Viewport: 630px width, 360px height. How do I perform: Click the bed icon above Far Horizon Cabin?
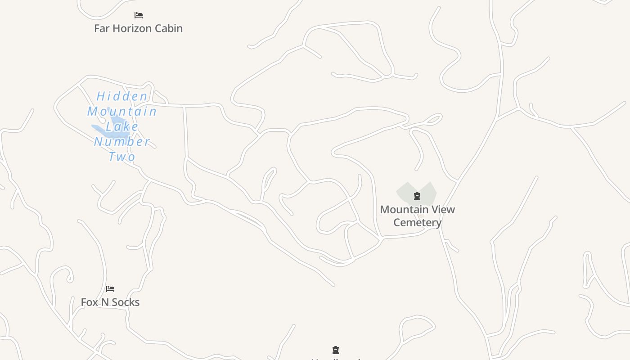(139, 15)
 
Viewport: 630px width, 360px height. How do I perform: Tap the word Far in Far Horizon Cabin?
(102, 28)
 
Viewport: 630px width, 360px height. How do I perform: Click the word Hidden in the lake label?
(122, 96)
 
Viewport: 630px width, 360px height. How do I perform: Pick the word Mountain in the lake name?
(122, 112)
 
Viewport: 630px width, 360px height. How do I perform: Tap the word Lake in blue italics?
(122, 126)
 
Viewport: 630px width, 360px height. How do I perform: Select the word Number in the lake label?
(122, 142)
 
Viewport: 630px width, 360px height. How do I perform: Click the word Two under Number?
(122, 157)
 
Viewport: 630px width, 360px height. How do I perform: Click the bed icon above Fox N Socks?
(110, 289)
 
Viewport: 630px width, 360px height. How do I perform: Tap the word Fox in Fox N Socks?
(89, 302)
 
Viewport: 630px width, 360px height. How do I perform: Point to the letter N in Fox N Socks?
(104, 302)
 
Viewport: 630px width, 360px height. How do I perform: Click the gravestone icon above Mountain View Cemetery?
(417, 196)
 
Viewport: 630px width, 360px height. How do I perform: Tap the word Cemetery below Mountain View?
(417, 222)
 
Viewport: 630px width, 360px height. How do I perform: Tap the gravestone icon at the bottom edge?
(335, 350)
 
